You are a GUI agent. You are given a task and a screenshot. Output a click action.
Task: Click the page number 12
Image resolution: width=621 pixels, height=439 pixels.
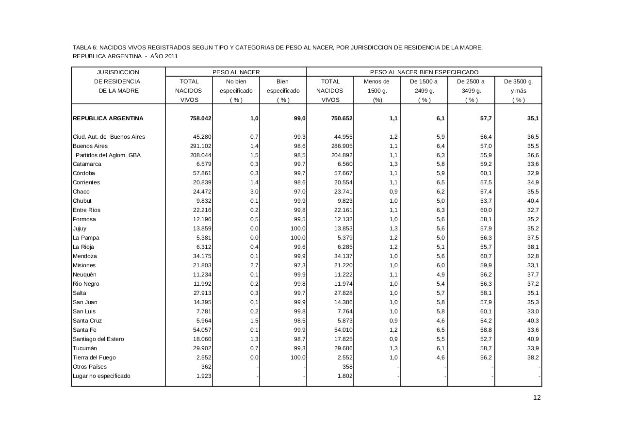coord(537,398)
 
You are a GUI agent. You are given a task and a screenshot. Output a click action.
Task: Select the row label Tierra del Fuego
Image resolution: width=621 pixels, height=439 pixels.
coord(94,358)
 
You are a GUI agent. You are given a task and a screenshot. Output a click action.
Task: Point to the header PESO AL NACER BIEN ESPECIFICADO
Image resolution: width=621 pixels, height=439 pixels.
coord(424,72)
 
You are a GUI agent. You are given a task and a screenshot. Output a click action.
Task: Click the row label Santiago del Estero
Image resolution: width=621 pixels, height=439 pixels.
coord(98,339)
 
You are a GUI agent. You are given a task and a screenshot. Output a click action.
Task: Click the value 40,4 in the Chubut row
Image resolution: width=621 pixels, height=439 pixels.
coord(533,201)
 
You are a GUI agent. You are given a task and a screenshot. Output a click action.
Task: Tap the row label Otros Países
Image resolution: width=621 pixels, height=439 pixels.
coord(89,367)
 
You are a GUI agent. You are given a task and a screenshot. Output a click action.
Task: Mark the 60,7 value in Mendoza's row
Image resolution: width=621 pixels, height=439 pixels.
coord(486,256)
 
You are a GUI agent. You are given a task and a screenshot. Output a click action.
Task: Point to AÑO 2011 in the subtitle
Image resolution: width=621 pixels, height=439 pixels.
coord(164,56)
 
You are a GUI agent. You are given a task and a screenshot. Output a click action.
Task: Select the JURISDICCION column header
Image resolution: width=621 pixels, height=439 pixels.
coord(118,72)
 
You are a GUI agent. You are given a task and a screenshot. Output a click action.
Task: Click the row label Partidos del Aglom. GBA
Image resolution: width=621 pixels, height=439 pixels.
coord(108,155)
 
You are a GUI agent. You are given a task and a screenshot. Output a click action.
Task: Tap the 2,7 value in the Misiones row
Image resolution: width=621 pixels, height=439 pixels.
coord(254,265)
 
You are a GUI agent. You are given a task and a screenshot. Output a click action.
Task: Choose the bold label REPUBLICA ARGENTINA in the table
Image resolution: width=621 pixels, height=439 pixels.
coord(108,118)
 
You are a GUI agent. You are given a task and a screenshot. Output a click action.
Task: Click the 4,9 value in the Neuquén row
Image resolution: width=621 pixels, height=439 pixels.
coord(440,275)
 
